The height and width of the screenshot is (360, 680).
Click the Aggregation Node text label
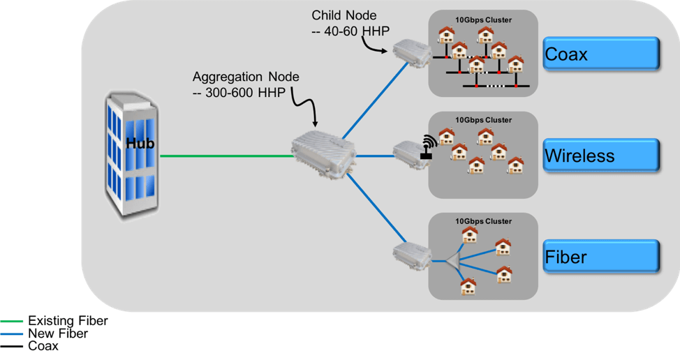pos(246,77)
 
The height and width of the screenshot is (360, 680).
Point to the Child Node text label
pos(343,15)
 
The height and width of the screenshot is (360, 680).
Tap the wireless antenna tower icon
pos(427,147)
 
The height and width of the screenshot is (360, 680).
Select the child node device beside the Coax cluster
pos(408,52)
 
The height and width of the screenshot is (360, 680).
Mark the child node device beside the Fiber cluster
pos(407,253)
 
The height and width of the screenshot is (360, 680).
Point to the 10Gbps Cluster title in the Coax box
pos(483,20)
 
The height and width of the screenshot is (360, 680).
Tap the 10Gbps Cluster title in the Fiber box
pos(483,222)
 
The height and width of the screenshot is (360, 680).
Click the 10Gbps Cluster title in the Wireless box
pos(483,120)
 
